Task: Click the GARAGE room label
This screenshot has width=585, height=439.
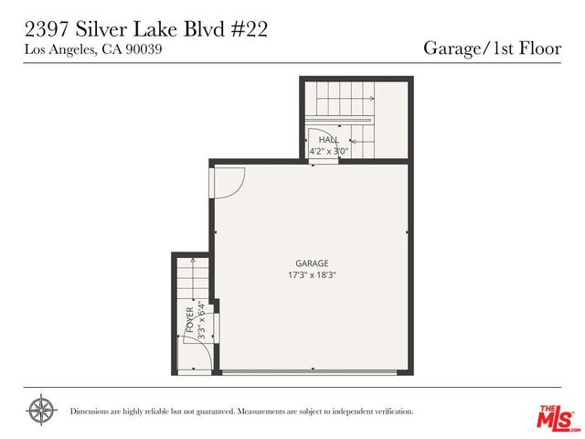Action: [311, 262]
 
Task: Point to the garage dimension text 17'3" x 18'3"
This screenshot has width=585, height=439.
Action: [311, 274]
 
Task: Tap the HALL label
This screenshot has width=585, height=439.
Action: [328, 139]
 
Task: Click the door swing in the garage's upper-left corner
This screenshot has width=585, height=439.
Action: [227, 181]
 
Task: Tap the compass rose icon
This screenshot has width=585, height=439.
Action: [41, 410]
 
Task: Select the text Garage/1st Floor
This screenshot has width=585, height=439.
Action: [491, 48]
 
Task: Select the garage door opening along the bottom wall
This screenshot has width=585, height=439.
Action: [311, 371]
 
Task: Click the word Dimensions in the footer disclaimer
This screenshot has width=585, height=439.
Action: [91, 412]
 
